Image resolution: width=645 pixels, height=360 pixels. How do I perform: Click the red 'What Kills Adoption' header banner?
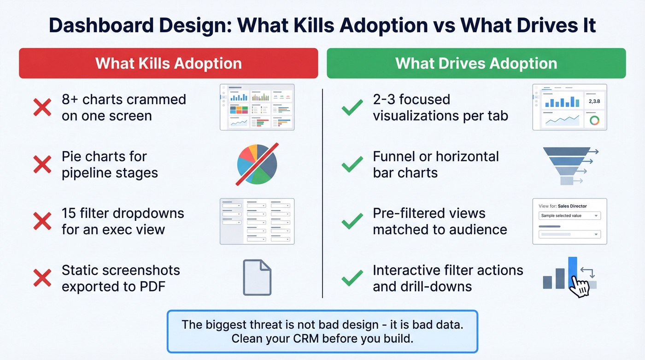168,63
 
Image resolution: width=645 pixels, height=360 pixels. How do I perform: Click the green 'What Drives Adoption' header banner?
476,63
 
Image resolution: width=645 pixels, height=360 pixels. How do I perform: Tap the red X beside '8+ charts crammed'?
42,107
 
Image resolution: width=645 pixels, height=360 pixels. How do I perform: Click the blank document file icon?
257,277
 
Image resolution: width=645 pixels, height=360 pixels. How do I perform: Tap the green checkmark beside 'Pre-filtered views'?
352,222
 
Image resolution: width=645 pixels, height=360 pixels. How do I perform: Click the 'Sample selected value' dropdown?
569,216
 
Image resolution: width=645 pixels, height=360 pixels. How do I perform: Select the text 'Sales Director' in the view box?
572,206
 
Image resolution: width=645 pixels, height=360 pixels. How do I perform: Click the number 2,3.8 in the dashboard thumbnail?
595,101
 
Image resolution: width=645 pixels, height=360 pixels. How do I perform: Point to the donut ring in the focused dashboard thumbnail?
595,120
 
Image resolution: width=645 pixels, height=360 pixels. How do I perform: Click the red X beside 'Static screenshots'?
42,278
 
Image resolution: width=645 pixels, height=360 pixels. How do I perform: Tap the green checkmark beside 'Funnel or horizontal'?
352,165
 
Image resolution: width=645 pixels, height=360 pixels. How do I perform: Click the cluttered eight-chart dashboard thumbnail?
257,107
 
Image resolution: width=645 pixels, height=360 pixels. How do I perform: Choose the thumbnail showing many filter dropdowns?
257,221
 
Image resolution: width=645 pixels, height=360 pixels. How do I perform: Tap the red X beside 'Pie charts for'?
42,165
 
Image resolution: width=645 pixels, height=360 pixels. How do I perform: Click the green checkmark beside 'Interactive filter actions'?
352,278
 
